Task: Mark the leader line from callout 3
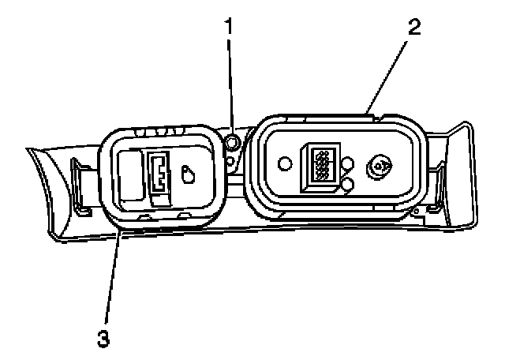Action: click(x=111, y=276)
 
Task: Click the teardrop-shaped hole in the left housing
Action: click(x=188, y=174)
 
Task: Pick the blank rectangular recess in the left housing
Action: click(x=128, y=174)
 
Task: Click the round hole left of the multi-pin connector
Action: click(x=285, y=164)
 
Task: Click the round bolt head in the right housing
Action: click(x=380, y=167)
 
